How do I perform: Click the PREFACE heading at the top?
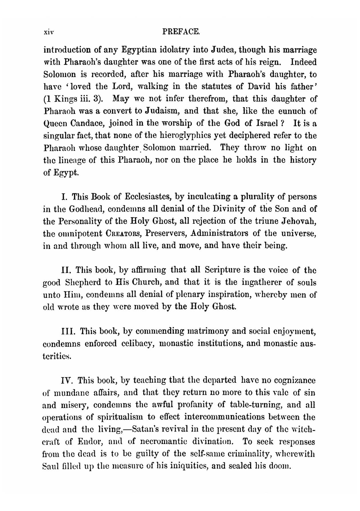(x=181, y=32)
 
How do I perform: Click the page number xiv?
(x=49, y=32)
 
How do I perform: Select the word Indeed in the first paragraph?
(x=303, y=62)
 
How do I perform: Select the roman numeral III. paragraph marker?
(x=69, y=331)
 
